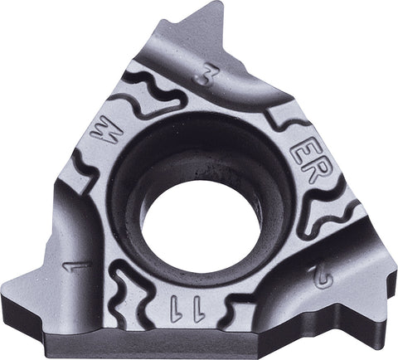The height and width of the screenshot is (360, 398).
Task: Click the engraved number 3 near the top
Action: pyautogui.click(x=201, y=78)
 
